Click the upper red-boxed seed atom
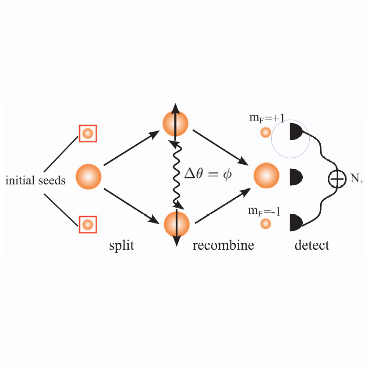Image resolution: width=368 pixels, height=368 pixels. pyautogui.click(x=88, y=133)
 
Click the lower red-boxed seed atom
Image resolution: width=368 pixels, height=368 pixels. pyautogui.click(x=88, y=224)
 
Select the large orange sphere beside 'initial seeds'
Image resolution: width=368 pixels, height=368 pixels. pyautogui.click(x=88, y=177)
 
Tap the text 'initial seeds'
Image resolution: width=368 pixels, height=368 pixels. pyautogui.click(x=35, y=180)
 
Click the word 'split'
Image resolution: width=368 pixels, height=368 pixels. pyautogui.click(x=121, y=245)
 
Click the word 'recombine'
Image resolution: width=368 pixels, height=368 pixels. pyautogui.click(x=223, y=245)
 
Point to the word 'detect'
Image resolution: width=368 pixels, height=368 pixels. pyautogui.click(x=311, y=245)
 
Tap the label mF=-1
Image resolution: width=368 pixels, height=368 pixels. pyautogui.click(x=264, y=211)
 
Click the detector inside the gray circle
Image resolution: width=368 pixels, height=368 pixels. pyautogui.click(x=296, y=132)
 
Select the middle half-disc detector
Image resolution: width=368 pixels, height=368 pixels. pyautogui.click(x=296, y=177)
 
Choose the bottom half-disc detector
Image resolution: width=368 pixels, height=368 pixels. pyautogui.click(x=296, y=223)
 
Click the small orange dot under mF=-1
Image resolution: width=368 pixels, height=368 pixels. pyautogui.click(x=265, y=224)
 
